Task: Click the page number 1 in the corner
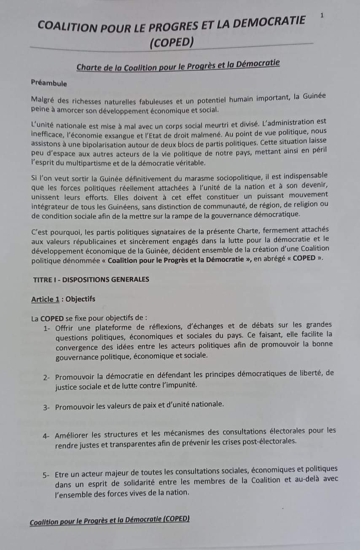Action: pos(322,16)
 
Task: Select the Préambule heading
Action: pos(49,83)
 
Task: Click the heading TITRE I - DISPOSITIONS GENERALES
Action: pos(91,279)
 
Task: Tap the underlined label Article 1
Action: pos(45,299)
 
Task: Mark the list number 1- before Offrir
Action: pos(47,328)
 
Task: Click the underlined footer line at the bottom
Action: pos(110,521)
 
